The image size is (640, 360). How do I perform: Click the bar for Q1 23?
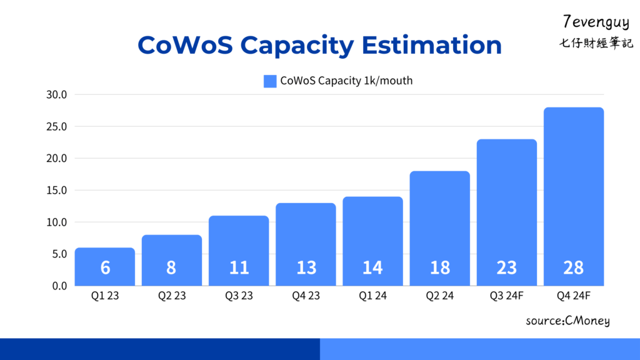click(x=105, y=267)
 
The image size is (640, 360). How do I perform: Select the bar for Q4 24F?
click(x=574, y=196)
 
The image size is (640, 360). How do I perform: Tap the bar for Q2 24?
click(x=440, y=228)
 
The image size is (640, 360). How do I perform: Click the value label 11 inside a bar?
click(x=239, y=267)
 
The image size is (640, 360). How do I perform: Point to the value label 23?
click(x=507, y=267)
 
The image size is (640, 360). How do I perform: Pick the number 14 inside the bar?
click(x=372, y=267)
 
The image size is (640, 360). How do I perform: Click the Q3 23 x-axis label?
click(x=239, y=296)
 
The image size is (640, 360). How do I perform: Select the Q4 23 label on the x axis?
click(x=306, y=296)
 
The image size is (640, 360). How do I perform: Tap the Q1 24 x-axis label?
click(x=372, y=296)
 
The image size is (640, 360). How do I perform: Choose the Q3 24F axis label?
click(x=507, y=296)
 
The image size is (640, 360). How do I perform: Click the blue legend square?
click(x=270, y=81)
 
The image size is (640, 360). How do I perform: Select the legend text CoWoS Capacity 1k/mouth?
click(x=346, y=81)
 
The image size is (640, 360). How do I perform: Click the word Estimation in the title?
click(x=431, y=46)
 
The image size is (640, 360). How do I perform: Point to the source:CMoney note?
click(x=567, y=321)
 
